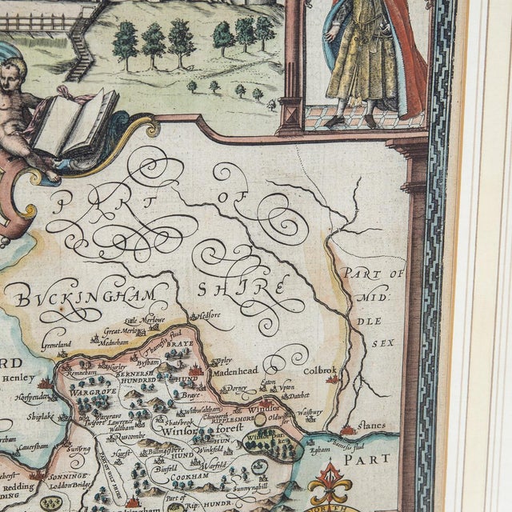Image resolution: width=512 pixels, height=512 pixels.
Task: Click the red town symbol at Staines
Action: (x=346, y=430)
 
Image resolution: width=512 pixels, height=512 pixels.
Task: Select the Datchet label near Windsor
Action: (x=297, y=395)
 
